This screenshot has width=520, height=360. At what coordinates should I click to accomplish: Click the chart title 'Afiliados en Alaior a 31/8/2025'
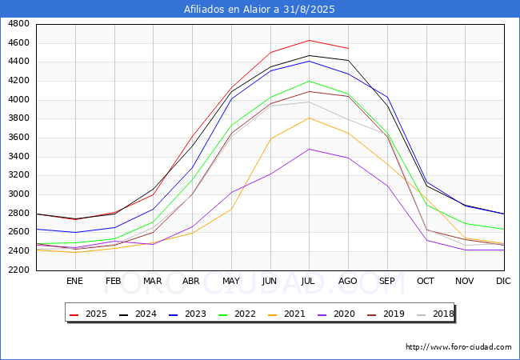[x=259, y=10]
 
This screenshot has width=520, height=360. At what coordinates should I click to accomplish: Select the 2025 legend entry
[x=88, y=314]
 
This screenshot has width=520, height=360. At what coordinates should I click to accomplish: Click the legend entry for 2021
[x=286, y=314]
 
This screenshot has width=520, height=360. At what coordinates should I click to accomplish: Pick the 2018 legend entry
[x=435, y=314]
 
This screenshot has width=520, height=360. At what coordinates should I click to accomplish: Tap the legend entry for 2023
[x=187, y=314]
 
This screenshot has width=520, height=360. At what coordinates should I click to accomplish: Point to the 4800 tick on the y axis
[x=18, y=24]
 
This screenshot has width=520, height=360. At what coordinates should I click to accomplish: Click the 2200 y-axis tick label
[x=18, y=270]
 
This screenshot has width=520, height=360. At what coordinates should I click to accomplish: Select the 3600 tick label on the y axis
[x=18, y=138]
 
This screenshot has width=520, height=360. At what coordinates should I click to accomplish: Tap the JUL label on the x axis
[x=308, y=281]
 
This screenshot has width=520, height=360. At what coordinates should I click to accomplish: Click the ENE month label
[x=74, y=281]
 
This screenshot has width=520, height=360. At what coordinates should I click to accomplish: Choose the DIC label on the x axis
[x=503, y=281]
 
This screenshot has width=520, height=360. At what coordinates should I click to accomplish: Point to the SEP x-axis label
[x=386, y=281]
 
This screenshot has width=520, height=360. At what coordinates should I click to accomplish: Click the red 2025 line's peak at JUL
[x=310, y=41]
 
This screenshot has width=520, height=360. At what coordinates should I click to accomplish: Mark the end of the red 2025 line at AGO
[x=348, y=48]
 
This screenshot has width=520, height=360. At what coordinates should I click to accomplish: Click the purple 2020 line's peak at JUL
[x=310, y=149]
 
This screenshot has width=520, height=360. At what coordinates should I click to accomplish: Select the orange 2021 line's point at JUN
[x=270, y=139]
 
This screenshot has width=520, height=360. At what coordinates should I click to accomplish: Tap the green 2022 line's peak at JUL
[x=310, y=82]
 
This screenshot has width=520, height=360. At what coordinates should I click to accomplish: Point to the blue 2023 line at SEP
[x=387, y=98]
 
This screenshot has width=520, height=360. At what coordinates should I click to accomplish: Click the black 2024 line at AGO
[x=348, y=60]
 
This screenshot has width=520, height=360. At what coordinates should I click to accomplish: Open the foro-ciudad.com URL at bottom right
[x=458, y=347]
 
